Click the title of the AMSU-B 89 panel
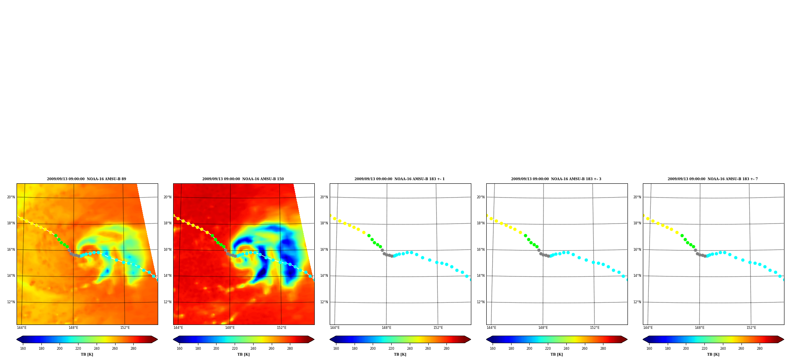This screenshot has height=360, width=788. pos(86,179)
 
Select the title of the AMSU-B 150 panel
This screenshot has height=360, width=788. pos(243,179)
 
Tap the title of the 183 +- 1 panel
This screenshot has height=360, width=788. pos(400,179)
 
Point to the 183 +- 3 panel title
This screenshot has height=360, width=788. pos(556,179)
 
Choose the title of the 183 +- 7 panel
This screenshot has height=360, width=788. pos(713,179)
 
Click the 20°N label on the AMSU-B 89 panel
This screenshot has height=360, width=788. pos(11,197)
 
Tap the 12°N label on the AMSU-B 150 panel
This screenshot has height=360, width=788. pos(168,302)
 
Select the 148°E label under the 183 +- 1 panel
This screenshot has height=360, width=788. pos(387,328)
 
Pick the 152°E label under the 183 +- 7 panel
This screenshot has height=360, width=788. pos(751,328)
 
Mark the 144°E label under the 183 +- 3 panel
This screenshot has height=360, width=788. pos(491,328)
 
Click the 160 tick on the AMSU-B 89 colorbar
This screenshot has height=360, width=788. pos(23,349)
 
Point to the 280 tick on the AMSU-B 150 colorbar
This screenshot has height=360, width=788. pos(290,349)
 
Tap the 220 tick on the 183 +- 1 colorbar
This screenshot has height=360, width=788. pos(391,349)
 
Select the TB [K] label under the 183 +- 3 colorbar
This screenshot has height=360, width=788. pos(556,354)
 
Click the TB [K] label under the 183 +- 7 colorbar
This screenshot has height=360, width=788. pos(713,354)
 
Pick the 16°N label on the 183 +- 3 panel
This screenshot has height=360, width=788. pos(481,250)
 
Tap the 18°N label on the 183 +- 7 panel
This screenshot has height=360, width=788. pos(637,223)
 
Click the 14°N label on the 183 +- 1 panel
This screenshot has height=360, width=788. pos(324,276)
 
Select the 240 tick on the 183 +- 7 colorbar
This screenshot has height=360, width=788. pos(723,349)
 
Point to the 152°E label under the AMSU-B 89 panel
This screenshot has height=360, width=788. pos(125,328)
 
